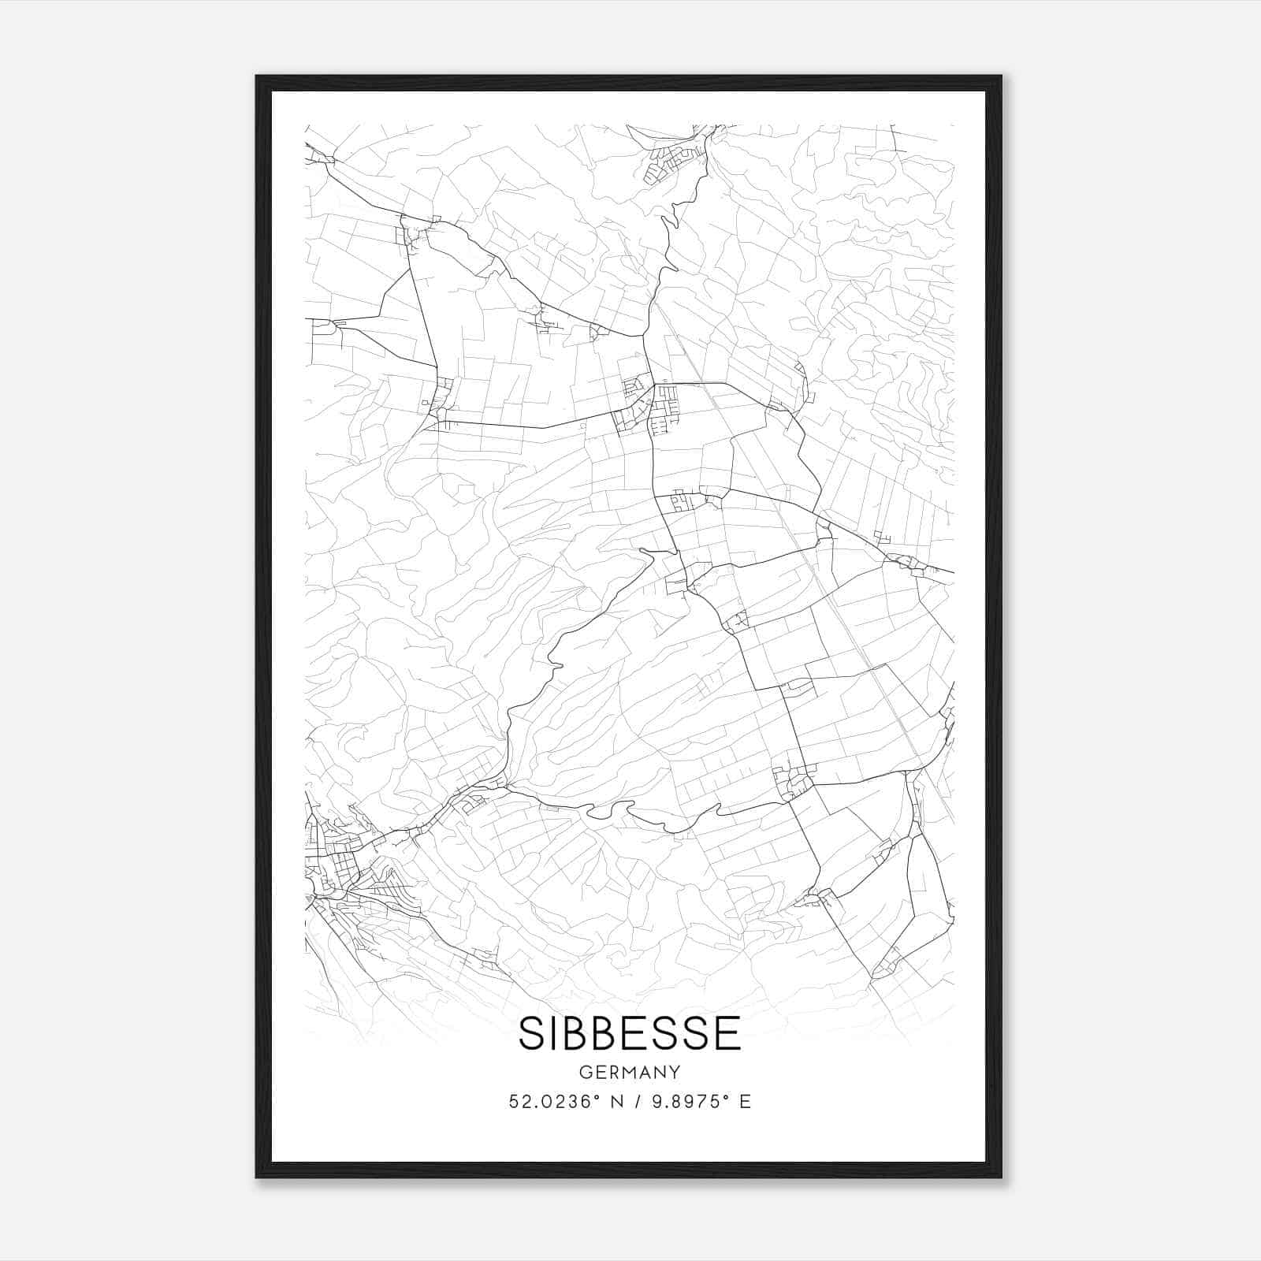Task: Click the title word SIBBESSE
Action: pyautogui.click(x=630, y=1033)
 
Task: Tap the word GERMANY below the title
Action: pyautogui.click(x=630, y=1073)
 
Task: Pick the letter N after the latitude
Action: pyautogui.click(x=617, y=1102)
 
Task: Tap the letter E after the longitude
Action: pyautogui.click(x=745, y=1102)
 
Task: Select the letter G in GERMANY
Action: pyautogui.click(x=584, y=1073)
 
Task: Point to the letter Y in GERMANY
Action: pyautogui.click(x=675, y=1073)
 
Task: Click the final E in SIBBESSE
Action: pyautogui.click(x=729, y=1033)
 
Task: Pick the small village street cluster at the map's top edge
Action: pyautogui.click(x=670, y=162)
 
